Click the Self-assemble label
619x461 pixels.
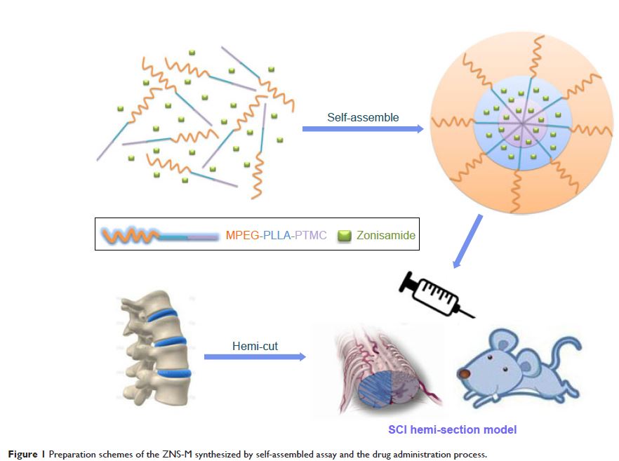point(362,117)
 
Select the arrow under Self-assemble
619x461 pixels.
point(363,129)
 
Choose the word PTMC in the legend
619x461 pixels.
point(309,236)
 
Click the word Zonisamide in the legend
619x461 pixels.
point(385,236)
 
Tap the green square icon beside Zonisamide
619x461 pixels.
point(344,236)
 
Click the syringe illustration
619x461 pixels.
point(432,293)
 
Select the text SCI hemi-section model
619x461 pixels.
point(453,429)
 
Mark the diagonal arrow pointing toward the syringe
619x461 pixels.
point(467,241)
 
